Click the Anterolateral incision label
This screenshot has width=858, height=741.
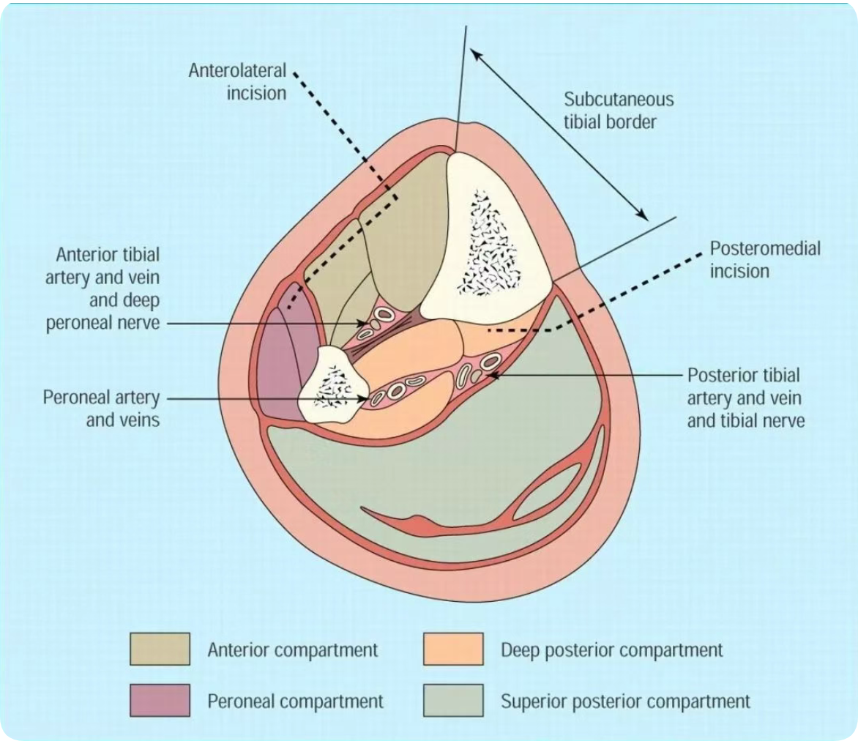pyautogui.click(x=237, y=81)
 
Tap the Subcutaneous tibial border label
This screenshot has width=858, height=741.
pyautogui.click(x=619, y=110)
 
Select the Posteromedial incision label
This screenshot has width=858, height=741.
pyautogui.click(x=764, y=259)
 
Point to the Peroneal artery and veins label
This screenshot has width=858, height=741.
pyautogui.click(x=101, y=409)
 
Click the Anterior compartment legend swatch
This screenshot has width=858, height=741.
pyautogui.click(x=160, y=649)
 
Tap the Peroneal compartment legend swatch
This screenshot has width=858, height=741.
pyautogui.click(x=160, y=701)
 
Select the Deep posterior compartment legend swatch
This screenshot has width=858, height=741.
pyautogui.click(x=453, y=649)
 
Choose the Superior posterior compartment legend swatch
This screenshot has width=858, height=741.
pyautogui.click(x=453, y=701)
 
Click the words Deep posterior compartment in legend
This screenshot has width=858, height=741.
pyautogui.click(x=611, y=649)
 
